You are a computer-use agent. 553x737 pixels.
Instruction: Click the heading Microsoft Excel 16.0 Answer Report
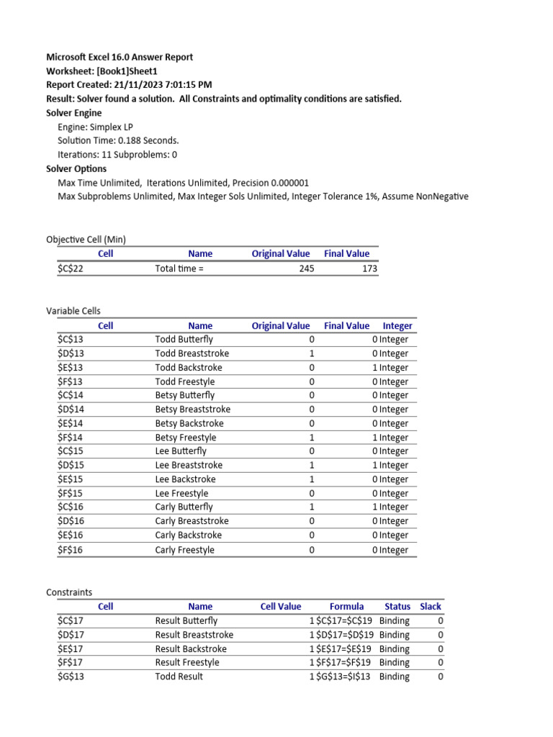[120, 57]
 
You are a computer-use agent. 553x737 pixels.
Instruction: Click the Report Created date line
[129, 85]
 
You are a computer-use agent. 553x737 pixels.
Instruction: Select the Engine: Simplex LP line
[95, 127]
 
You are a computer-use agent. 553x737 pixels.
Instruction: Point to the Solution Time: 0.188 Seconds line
[118, 140]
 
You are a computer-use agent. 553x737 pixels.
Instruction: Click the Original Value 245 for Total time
[305, 268]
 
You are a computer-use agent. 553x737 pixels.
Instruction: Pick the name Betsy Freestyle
[186, 438]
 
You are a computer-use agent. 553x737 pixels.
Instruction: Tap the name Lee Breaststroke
[189, 465]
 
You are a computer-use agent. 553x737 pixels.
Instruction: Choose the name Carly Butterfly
[184, 507]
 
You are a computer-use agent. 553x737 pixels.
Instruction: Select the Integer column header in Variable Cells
[397, 325]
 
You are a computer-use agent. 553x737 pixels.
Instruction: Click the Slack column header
[431, 606]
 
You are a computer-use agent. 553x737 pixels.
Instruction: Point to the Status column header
[397, 606]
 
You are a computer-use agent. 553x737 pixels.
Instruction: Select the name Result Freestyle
[187, 662]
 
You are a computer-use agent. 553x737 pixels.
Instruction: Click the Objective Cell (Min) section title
[86, 239]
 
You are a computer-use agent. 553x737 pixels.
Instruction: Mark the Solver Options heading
[76, 169]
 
